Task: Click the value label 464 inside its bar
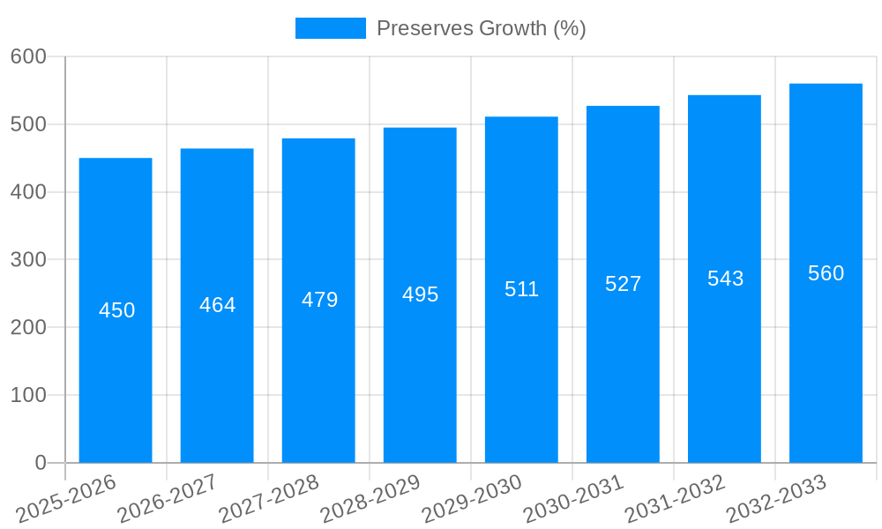pyautogui.click(x=217, y=305)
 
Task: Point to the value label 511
pyautogui.click(x=521, y=289)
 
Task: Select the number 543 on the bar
pyautogui.click(x=725, y=279)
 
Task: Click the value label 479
pyautogui.click(x=319, y=300)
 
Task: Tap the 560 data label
pyautogui.click(x=826, y=273)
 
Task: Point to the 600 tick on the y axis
pyautogui.click(x=28, y=56)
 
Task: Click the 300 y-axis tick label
pyautogui.click(x=28, y=260)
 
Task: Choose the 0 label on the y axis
pyautogui.click(x=40, y=463)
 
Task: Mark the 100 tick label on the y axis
pyautogui.click(x=28, y=395)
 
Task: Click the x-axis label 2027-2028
pyautogui.click(x=269, y=498)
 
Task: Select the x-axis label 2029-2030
pyautogui.click(x=472, y=498)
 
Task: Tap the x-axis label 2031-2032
pyautogui.click(x=675, y=498)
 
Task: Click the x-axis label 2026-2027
pyautogui.click(x=168, y=498)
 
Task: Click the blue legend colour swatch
pyautogui.click(x=330, y=28)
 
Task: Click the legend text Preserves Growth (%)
pyautogui.click(x=481, y=28)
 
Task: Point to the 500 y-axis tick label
pyautogui.click(x=28, y=124)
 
